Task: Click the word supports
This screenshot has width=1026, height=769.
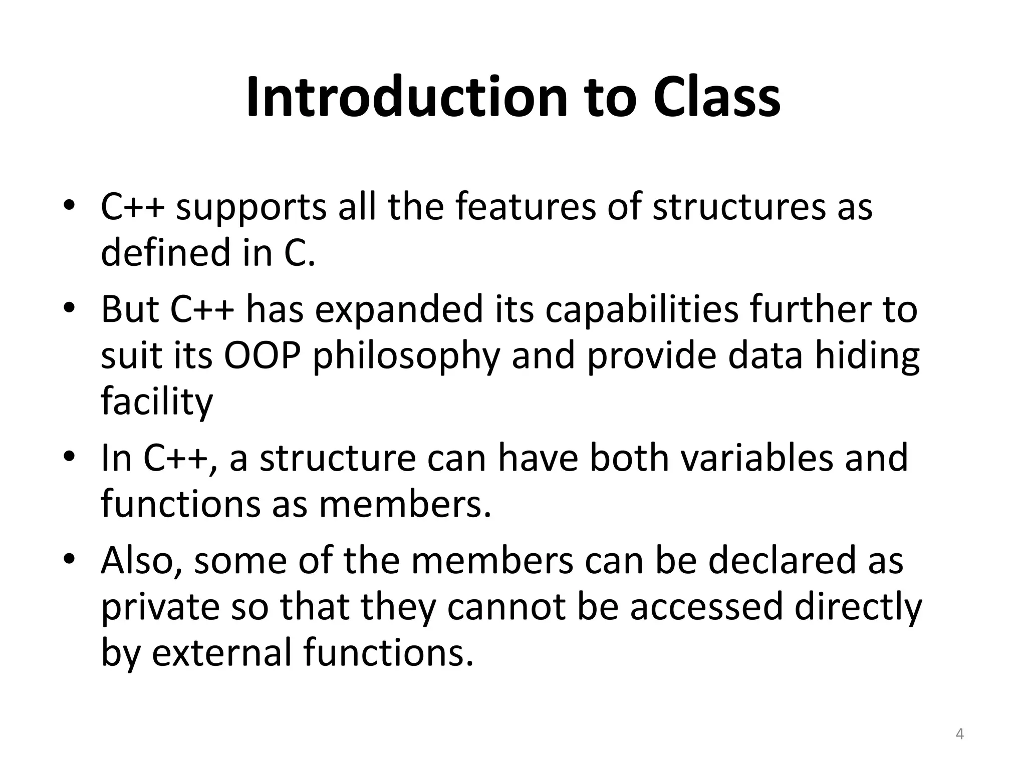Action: click(x=251, y=208)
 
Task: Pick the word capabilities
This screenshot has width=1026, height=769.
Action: click(x=642, y=309)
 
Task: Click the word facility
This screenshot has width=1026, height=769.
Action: click(x=157, y=402)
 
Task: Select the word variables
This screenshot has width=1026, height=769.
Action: click(x=756, y=458)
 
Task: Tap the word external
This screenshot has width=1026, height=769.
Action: click(x=222, y=653)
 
